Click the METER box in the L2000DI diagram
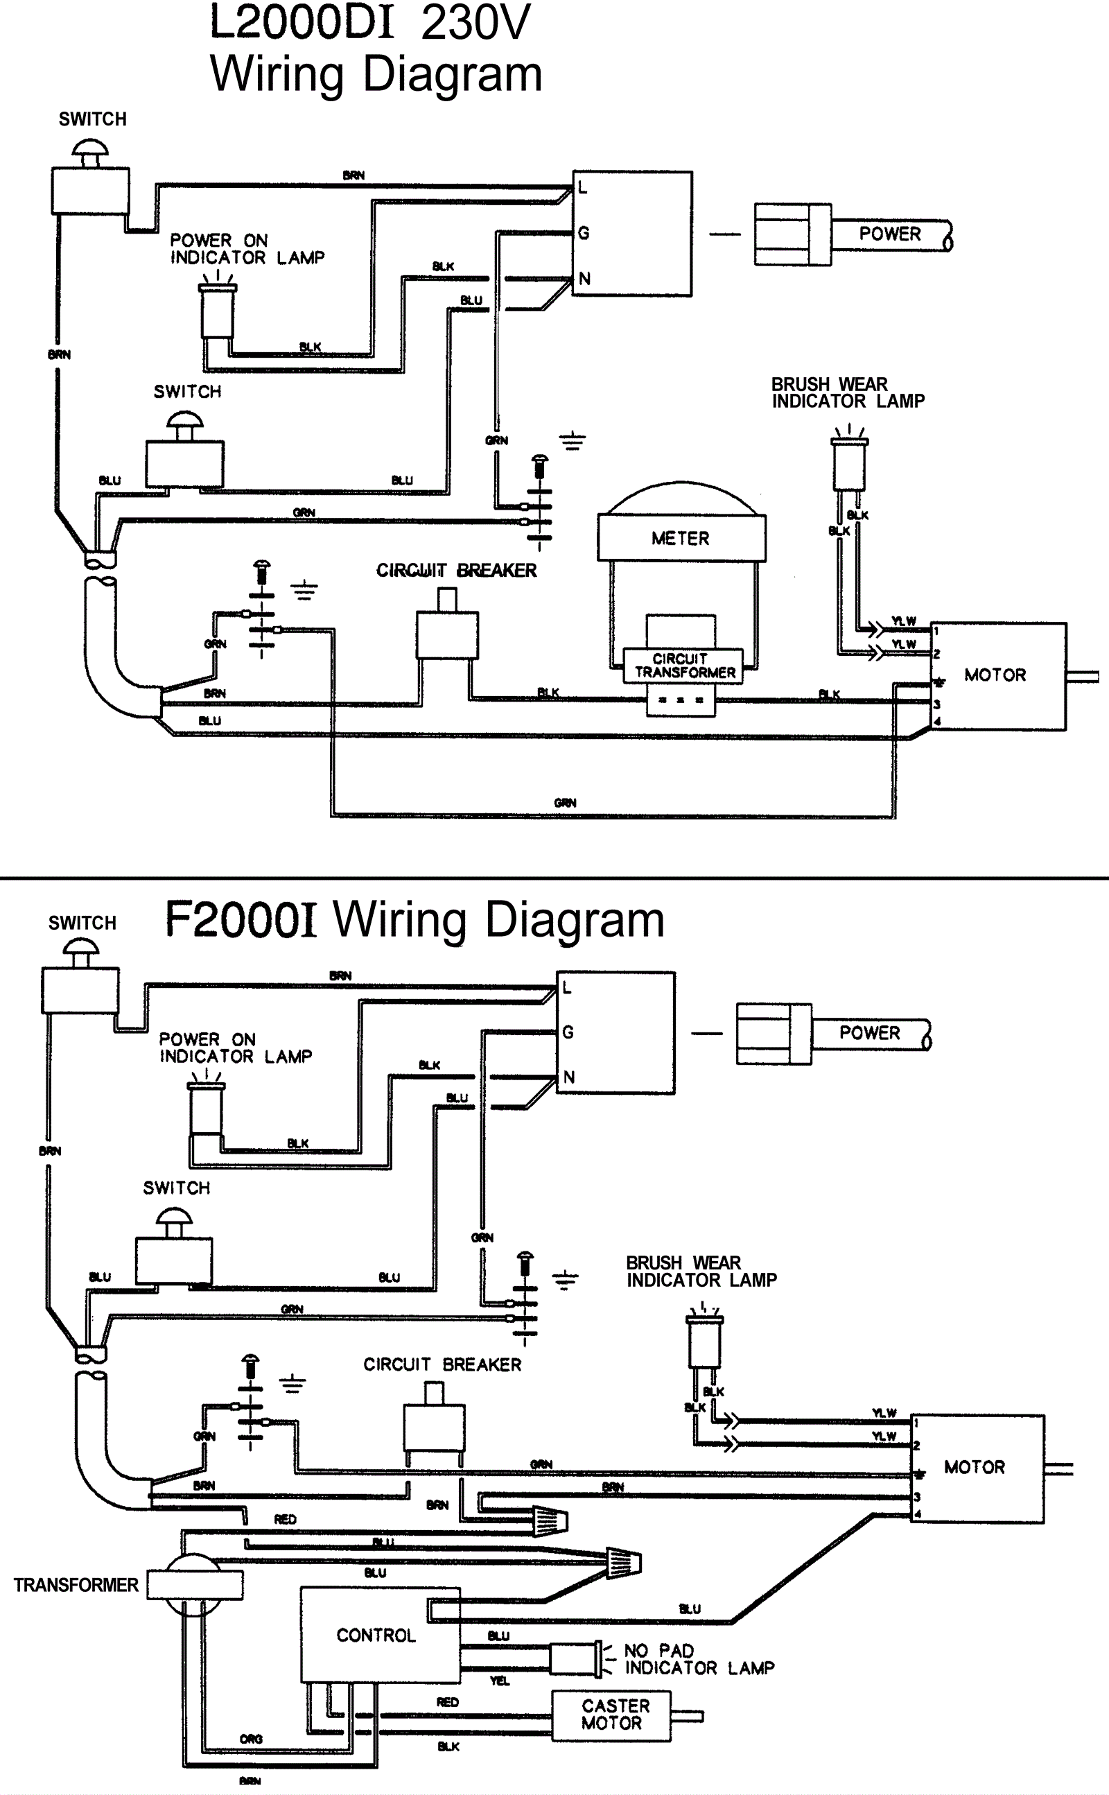click(x=681, y=539)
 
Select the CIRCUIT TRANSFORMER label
click(x=683, y=666)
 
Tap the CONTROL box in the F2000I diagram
click(x=376, y=1635)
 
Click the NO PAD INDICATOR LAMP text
click(x=698, y=1659)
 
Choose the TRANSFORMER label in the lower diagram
click(x=76, y=1585)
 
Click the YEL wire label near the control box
click(x=500, y=1681)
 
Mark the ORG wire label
click(x=251, y=1740)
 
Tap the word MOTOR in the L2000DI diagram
click(x=995, y=675)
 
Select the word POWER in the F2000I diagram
click(x=869, y=1033)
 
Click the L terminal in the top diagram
click(x=582, y=188)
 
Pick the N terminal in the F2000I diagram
click(x=568, y=1077)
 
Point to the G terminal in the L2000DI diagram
click(x=584, y=233)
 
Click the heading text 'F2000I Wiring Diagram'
click(x=414, y=919)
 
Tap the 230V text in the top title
click(x=475, y=22)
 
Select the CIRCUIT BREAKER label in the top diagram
click(x=456, y=571)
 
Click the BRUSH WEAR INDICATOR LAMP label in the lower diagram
click(x=701, y=1272)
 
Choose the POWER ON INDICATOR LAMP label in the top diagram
click(x=247, y=250)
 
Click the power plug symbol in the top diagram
click(x=793, y=235)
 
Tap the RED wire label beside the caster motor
click(x=448, y=1702)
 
